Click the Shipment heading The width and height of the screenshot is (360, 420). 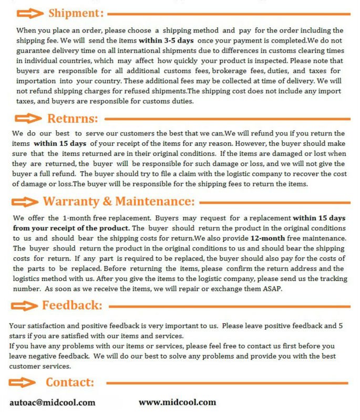tap(76, 13)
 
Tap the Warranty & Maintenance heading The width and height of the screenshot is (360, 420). tap(119, 202)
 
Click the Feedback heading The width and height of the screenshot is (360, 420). tap(72, 305)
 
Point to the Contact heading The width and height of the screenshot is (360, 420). tap(70, 382)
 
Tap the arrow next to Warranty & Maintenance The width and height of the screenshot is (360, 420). tap(25, 202)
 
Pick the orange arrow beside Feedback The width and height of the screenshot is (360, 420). tap(25, 306)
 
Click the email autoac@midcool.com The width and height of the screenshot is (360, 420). tap(53, 403)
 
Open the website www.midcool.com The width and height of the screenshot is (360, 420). tap(177, 402)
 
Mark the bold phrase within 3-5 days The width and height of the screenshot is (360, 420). tap(167, 40)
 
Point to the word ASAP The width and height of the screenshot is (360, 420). tap(272, 289)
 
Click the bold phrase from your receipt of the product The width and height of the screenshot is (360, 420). tap(71, 228)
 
